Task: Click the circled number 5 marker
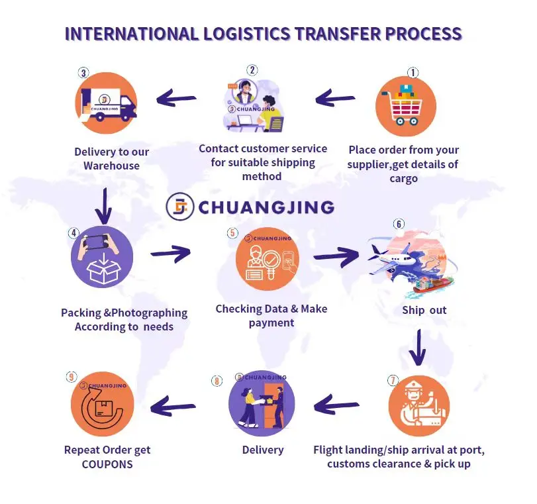pos(232,233)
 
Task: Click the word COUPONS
pos(107,464)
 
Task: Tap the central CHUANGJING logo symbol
pos(179,207)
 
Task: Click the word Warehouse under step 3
pos(111,166)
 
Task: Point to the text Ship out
pos(424,310)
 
